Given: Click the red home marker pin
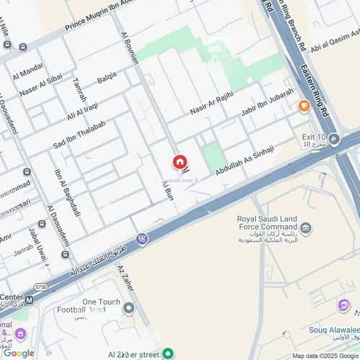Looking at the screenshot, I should tap(179, 163).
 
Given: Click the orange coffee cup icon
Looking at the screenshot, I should tap(304, 107).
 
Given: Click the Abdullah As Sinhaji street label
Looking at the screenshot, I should tap(247, 160).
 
